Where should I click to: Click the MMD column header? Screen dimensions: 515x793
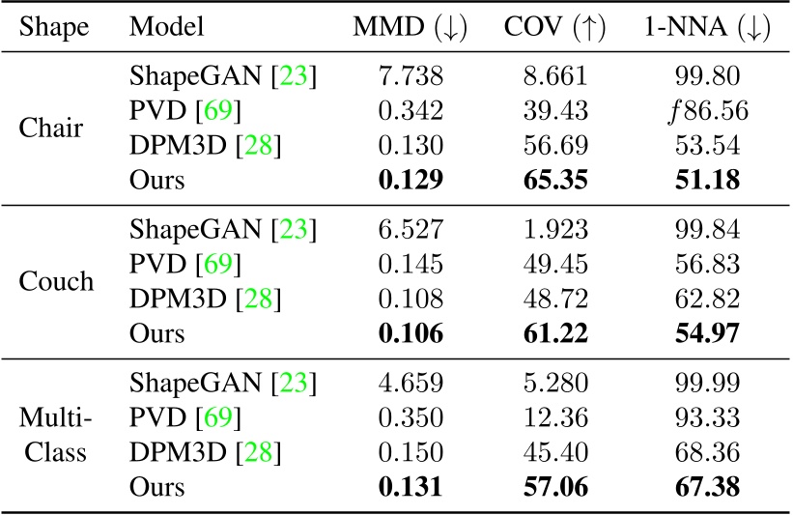410,27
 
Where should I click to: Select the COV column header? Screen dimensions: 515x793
554,27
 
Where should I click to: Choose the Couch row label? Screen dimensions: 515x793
54,283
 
